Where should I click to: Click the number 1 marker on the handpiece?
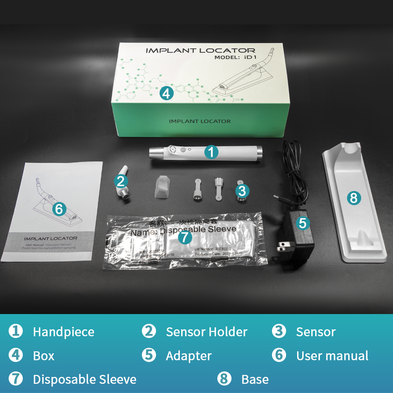(x=211, y=152)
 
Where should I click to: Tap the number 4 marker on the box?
(x=167, y=93)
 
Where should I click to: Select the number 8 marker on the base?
(x=354, y=198)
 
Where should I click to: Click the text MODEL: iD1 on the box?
(x=235, y=57)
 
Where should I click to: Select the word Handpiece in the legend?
(x=63, y=332)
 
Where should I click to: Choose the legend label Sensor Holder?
(x=206, y=332)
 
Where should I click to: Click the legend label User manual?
(x=332, y=356)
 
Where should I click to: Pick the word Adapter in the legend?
(x=189, y=356)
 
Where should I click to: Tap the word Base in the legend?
(x=255, y=379)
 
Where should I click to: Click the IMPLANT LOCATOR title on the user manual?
(x=50, y=238)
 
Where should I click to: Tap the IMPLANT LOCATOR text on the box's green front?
(x=200, y=121)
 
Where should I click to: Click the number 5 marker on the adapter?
(x=302, y=223)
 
